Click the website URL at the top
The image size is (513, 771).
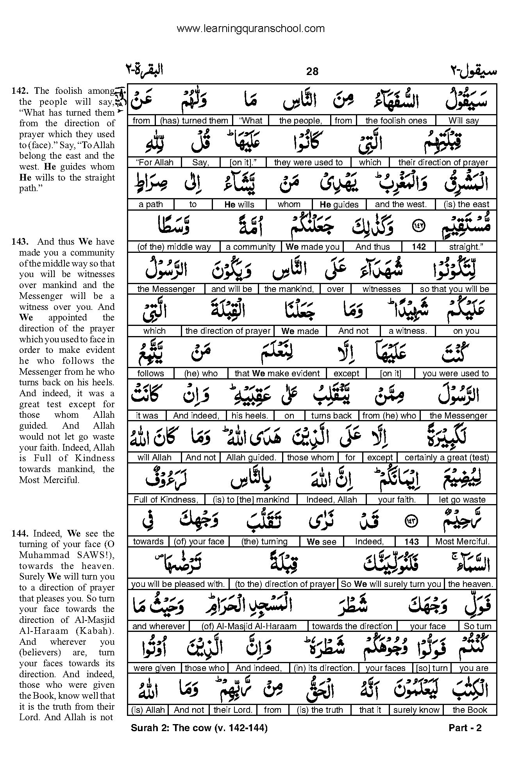[250, 29]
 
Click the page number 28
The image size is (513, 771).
[312, 71]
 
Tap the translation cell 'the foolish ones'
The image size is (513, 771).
[396, 121]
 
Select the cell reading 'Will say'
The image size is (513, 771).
[463, 121]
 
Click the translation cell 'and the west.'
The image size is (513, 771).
[400, 204]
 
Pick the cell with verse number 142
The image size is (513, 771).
[418, 247]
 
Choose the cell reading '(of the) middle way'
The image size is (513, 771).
[174, 247]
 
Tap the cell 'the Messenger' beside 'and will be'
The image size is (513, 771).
[166, 289]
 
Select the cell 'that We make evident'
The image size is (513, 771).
[277, 374]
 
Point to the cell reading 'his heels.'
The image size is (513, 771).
[249, 416]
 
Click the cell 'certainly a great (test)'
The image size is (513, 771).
[447, 458]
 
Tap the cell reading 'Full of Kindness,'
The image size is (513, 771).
[166, 500]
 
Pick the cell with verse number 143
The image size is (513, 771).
[412, 542]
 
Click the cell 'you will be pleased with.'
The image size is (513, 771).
[178, 584]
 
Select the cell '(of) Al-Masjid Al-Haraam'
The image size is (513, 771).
[249, 626]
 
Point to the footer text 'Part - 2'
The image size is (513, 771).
[465, 728]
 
